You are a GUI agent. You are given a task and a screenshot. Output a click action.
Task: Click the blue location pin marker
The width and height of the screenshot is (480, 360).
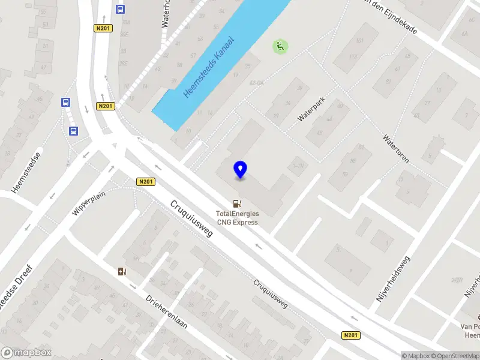point(241,170)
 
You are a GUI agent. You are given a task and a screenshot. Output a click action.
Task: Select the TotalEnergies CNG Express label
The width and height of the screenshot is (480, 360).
point(238,218)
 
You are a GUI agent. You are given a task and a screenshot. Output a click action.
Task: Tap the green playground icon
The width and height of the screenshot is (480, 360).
point(280,46)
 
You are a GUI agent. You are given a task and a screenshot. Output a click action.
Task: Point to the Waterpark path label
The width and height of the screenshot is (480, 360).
point(311,110)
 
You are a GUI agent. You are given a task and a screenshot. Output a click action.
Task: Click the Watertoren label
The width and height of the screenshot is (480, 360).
point(396,148)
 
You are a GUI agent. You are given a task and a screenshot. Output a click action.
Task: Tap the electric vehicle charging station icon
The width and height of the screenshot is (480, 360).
point(122,272)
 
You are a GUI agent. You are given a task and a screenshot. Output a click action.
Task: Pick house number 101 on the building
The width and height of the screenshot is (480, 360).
point(360,41)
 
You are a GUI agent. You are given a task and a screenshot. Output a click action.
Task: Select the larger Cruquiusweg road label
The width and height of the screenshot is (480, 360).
point(191,218)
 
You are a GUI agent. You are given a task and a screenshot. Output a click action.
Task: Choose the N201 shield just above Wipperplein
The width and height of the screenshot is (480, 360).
point(146,182)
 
